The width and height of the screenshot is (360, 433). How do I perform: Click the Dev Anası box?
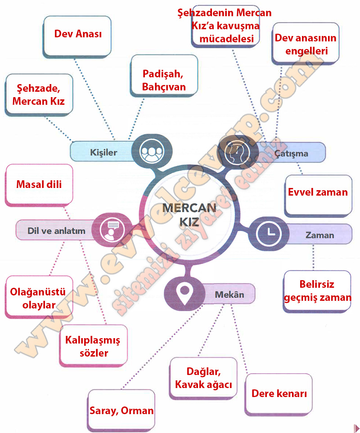(77, 37)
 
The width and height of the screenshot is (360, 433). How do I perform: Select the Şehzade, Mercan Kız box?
(39, 95)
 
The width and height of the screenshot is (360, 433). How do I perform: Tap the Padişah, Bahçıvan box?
(164, 76)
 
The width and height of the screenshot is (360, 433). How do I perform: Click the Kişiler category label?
(103, 152)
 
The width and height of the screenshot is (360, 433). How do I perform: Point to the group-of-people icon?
(152, 152)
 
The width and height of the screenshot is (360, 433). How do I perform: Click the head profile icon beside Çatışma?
(237, 152)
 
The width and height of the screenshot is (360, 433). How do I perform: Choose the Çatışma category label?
(291, 153)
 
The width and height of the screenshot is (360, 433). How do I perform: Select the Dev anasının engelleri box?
(306, 44)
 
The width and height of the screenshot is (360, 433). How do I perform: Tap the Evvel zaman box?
(318, 196)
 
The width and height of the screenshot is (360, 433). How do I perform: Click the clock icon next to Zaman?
(268, 234)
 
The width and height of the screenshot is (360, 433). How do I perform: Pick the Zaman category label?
(319, 235)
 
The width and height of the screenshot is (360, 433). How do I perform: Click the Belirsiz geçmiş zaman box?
(317, 291)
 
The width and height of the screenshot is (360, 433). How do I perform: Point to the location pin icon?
(184, 294)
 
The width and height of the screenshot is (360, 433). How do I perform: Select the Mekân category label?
(229, 295)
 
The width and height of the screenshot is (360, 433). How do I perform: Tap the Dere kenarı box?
(279, 394)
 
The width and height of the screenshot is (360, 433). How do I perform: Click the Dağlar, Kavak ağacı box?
(203, 378)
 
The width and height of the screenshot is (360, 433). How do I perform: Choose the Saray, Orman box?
(121, 411)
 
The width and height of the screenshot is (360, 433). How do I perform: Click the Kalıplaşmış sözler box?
(94, 346)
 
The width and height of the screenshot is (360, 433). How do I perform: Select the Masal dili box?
(39, 185)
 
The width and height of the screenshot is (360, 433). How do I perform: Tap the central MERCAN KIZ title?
(189, 215)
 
